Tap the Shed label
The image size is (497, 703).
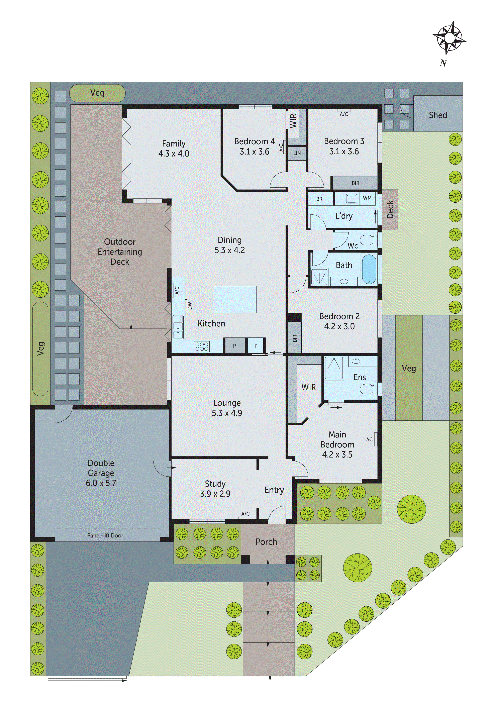(438, 115)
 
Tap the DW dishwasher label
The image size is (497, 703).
(190, 306)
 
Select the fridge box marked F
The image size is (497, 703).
(256, 346)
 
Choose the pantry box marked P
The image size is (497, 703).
(234, 346)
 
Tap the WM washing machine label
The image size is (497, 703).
(367, 198)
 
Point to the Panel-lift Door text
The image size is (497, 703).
(105, 535)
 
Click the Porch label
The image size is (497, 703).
(266, 542)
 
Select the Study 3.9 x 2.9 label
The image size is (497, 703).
(215, 489)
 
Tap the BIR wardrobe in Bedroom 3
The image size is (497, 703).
(355, 183)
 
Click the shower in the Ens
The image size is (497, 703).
(334, 367)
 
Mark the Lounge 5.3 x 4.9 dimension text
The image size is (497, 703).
(227, 413)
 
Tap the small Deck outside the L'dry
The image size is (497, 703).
(390, 209)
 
